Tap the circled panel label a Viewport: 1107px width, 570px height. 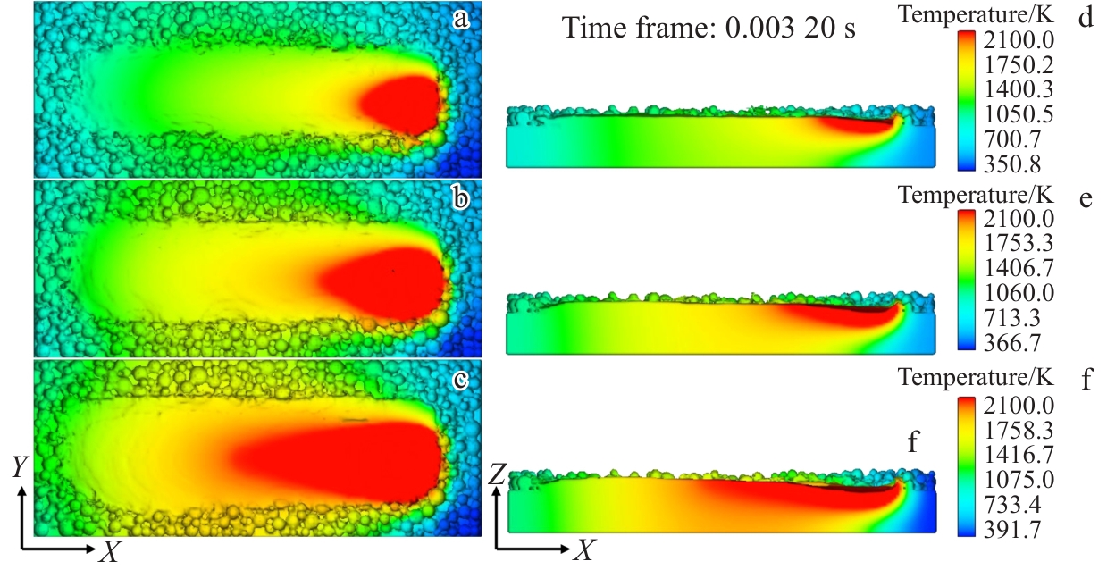coord(461,18)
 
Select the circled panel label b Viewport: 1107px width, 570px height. coord(461,198)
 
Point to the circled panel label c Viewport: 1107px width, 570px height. coord(461,379)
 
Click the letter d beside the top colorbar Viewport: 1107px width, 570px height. coord(1086,18)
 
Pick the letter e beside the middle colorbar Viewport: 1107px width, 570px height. coord(1086,199)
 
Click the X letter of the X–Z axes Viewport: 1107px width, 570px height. coord(583,550)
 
